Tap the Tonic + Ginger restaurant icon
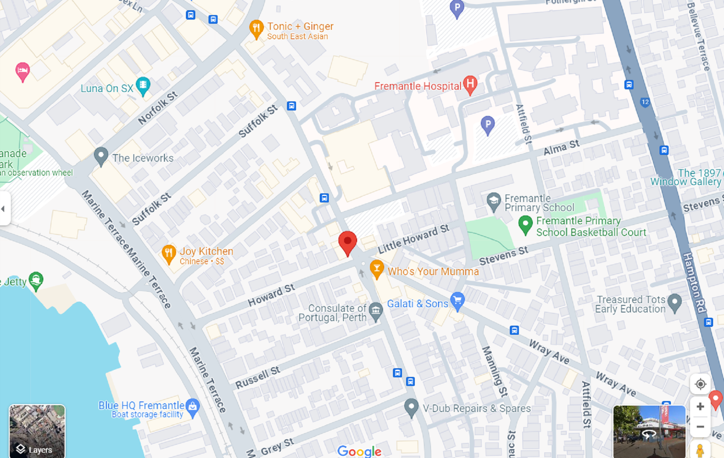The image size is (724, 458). pyautogui.click(x=256, y=28)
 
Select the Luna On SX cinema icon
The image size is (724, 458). pyautogui.click(x=143, y=85)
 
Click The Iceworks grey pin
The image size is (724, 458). pyautogui.click(x=101, y=155)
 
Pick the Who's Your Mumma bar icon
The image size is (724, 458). pyautogui.click(x=376, y=269)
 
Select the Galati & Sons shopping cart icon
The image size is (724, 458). pyautogui.click(x=457, y=301)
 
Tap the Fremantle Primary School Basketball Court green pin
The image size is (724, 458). pyautogui.click(x=525, y=224)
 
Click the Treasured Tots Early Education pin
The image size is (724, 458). pyautogui.click(x=674, y=302)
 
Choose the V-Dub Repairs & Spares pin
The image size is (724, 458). pyautogui.click(x=411, y=407)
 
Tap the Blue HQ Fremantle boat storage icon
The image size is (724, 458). pyautogui.click(x=193, y=407)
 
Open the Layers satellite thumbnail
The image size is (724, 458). pyautogui.click(x=37, y=431)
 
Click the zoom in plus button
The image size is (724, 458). pyautogui.click(x=700, y=406)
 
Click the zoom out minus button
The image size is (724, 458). pyautogui.click(x=700, y=427)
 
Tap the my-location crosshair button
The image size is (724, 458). pyautogui.click(x=700, y=384)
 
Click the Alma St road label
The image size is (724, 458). pyautogui.click(x=561, y=147)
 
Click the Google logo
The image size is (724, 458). pyautogui.click(x=359, y=451)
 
